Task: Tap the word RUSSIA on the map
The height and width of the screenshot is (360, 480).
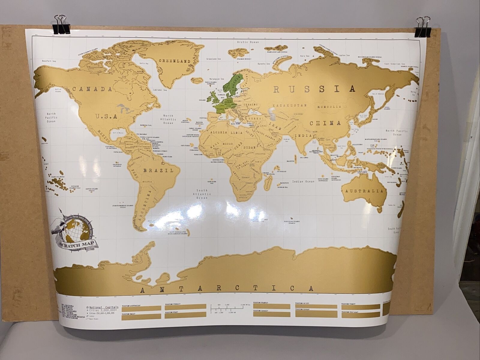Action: coord(314,89)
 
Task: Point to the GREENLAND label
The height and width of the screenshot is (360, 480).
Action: coord(175,61)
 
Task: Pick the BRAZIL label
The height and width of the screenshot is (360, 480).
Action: coord(159,170)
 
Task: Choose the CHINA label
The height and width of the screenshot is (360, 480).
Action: coord(325,123)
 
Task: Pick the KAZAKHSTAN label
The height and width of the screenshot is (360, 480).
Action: coord(289,106)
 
